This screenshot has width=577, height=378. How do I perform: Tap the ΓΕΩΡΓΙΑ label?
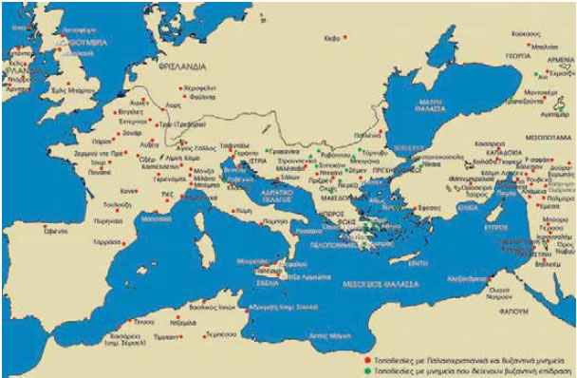[518, 54]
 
